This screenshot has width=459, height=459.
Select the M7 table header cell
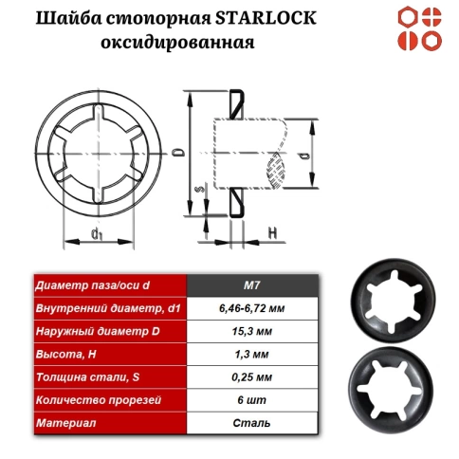coord(252,285)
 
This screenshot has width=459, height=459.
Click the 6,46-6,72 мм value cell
coord(252,308)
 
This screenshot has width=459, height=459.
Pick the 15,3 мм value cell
coord(252,331)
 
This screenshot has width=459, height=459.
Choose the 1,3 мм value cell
coord(252,354)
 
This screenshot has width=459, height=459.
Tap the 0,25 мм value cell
coord(252,376)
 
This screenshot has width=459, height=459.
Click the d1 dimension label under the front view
coord(97,232)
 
